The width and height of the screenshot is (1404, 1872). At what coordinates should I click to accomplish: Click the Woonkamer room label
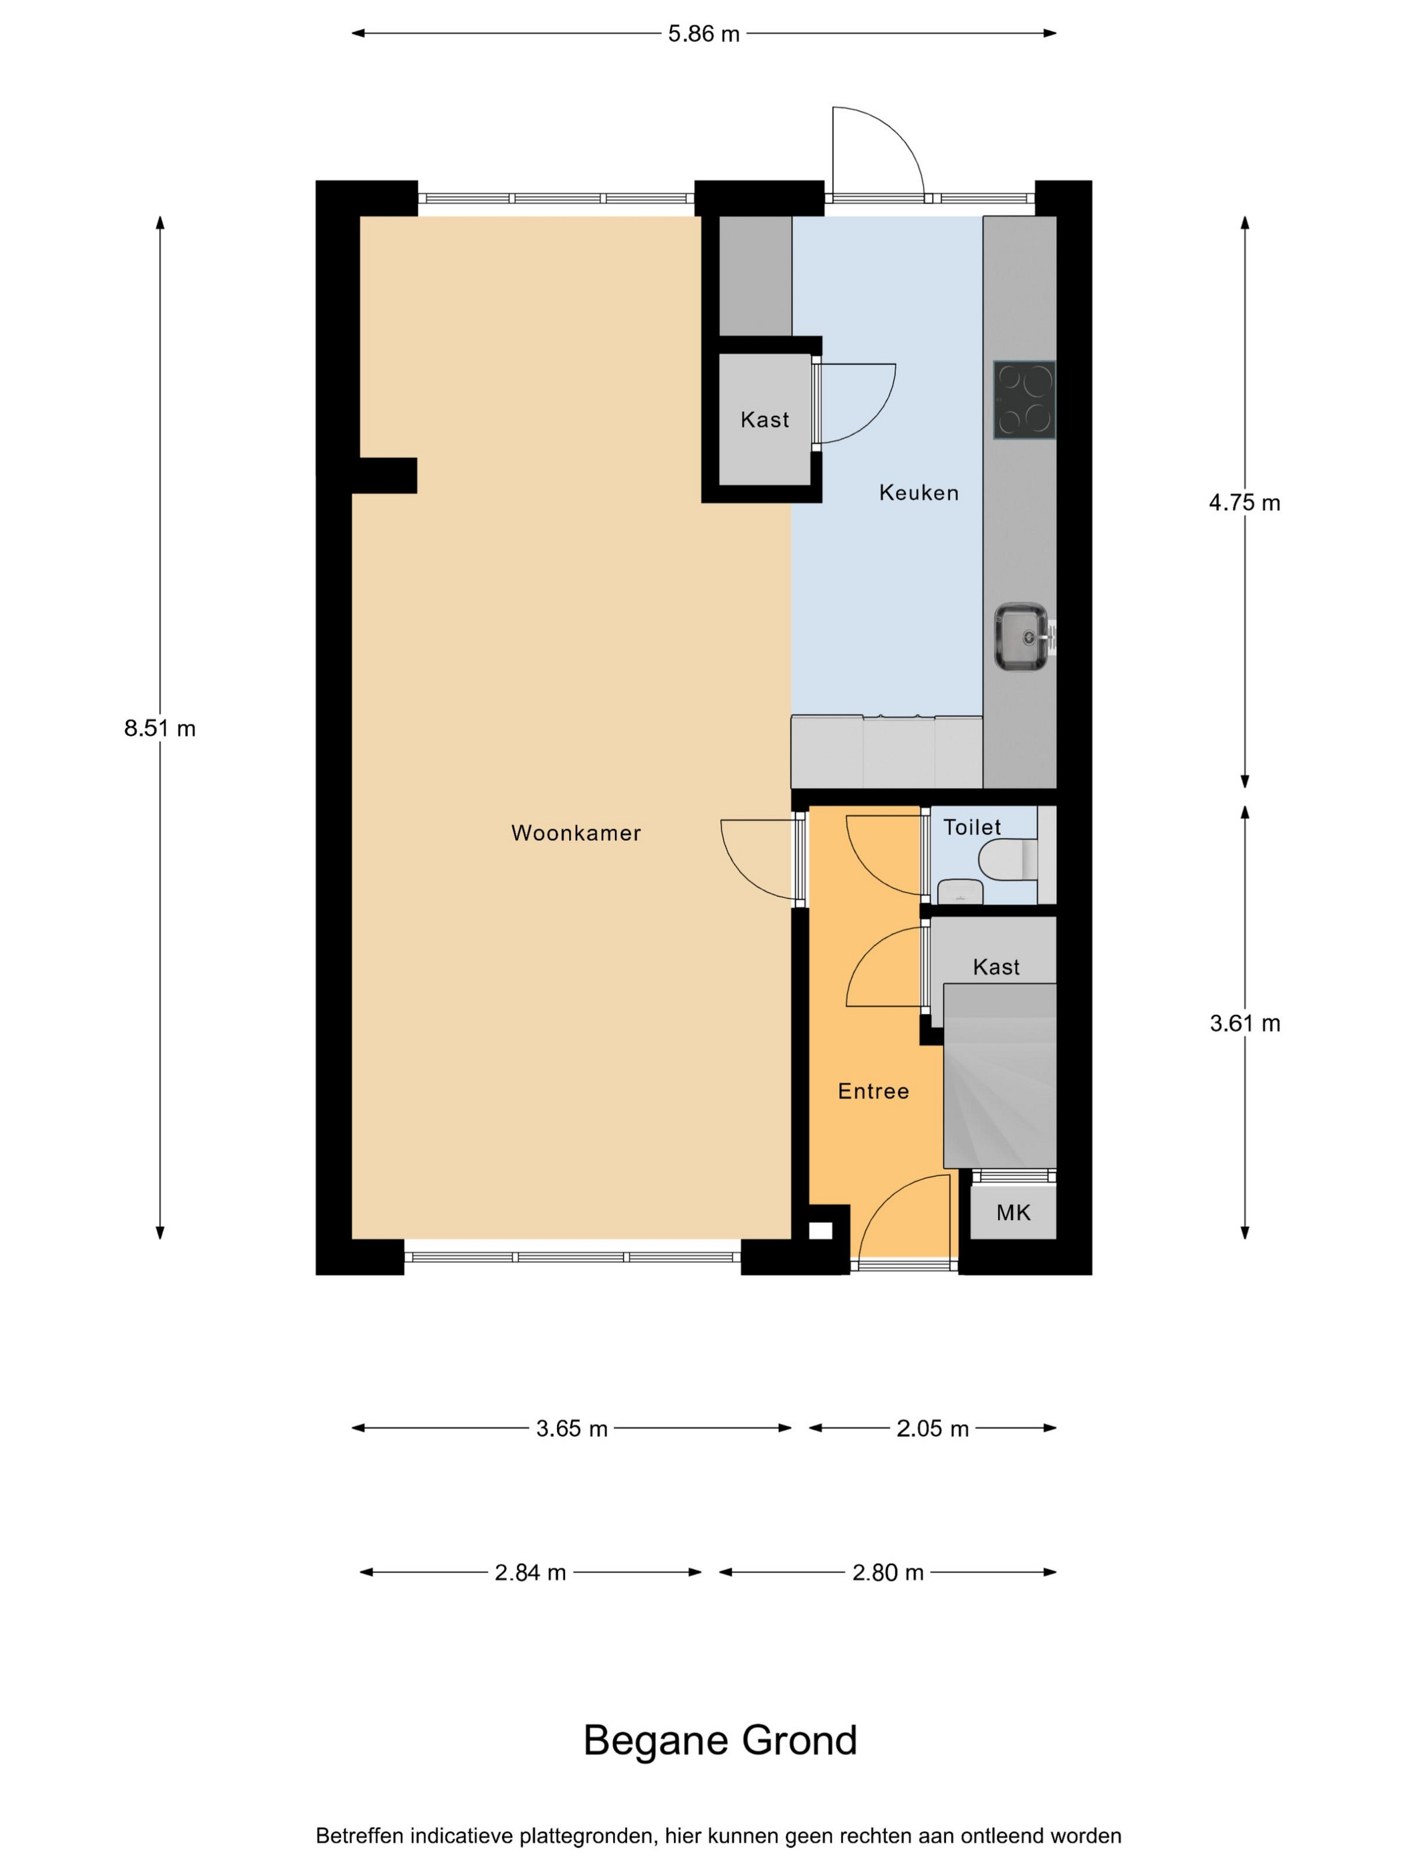[x=576, y=833]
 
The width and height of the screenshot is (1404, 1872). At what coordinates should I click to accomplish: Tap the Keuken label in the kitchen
[x=918, y=493]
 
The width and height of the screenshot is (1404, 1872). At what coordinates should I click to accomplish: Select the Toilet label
[x=971, y=827]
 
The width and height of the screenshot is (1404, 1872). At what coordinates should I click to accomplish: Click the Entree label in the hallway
[x=873, y=1091]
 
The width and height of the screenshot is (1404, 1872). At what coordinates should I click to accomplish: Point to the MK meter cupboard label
[x=1013, y=1213]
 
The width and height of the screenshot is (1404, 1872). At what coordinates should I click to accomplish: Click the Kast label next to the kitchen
[x=764, y=420]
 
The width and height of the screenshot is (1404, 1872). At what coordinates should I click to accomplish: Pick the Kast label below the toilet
[x=996, y=967]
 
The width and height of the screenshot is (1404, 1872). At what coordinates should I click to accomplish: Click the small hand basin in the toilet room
[x=959, y=891]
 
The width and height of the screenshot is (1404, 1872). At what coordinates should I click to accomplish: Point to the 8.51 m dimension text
[x=160, y=728]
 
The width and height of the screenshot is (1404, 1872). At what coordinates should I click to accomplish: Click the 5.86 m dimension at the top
[x=703, y=34]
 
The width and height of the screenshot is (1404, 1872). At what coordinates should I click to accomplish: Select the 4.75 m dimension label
[x=1244, y=503]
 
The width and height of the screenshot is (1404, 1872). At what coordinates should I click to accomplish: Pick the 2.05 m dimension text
[x=932, y=1429]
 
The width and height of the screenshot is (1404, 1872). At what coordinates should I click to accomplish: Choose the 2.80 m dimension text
[x=887, y=1572]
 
